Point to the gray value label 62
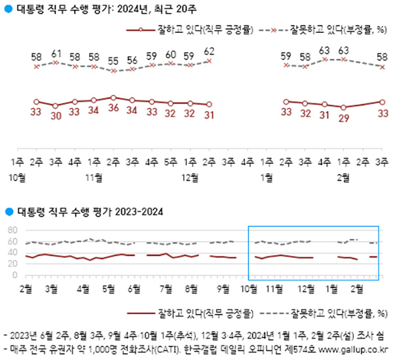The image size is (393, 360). [210, 50]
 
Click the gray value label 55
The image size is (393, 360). [113, 60]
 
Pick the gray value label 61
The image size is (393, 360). [56, 52]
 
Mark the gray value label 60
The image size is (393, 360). [171, 54]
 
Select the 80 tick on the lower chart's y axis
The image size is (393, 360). [11, 230]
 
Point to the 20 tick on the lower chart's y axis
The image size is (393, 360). [11, 264]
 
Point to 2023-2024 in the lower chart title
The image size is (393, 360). [138, 211]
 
